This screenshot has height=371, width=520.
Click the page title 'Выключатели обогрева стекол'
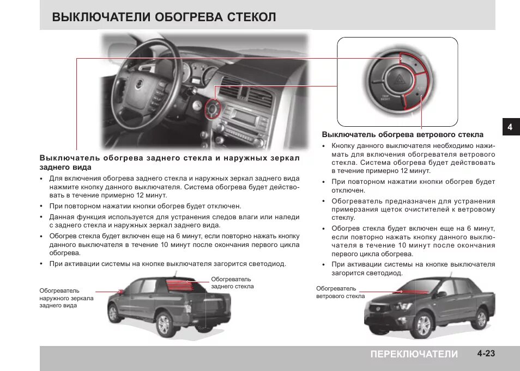click(x=164, y=17)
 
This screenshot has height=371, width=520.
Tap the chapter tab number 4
click(x=510, y=127)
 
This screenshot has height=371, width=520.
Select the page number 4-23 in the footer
click(x=486, y=354)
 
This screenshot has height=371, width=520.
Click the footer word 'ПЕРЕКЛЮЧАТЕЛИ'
click(x=414, y=354)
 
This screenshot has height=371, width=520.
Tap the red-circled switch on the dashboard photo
click(x=211, y=110)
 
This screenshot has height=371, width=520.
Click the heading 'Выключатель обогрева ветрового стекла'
click(x=402, y=134)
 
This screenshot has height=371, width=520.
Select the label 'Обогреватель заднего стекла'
click(x=232, y=282)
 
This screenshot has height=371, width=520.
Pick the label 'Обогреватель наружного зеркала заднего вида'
click(x=66, y=298)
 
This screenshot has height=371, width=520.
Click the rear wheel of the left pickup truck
click(x=163, y=325)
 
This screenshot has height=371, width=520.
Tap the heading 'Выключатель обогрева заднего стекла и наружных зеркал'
click(x=170, y=162)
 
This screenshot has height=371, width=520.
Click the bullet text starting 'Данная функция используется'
click(x=174, y=220)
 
